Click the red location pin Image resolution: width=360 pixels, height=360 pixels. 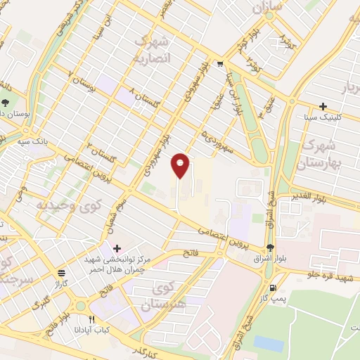pyautogui.click(x=181, y=165)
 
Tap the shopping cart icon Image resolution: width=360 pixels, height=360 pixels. pyautogui.click(x=220, y=64)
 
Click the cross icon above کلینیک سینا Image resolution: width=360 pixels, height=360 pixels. pyautogui.click(x=323, y=107)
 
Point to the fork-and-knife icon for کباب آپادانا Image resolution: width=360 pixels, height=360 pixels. pyautogui.click(x=91, y=319)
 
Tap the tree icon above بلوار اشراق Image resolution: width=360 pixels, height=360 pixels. pyautogui.click(x=271, y=247)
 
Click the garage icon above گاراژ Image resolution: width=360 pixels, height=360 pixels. pyautogui.click(x=62, y=273)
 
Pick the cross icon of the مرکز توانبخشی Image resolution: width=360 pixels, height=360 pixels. pyautogui.click(x=117, y=248)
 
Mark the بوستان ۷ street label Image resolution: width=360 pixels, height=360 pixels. pyautogui.click(x=82, y=84)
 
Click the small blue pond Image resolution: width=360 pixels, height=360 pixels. pyautogui.click(x=268, y=343)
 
